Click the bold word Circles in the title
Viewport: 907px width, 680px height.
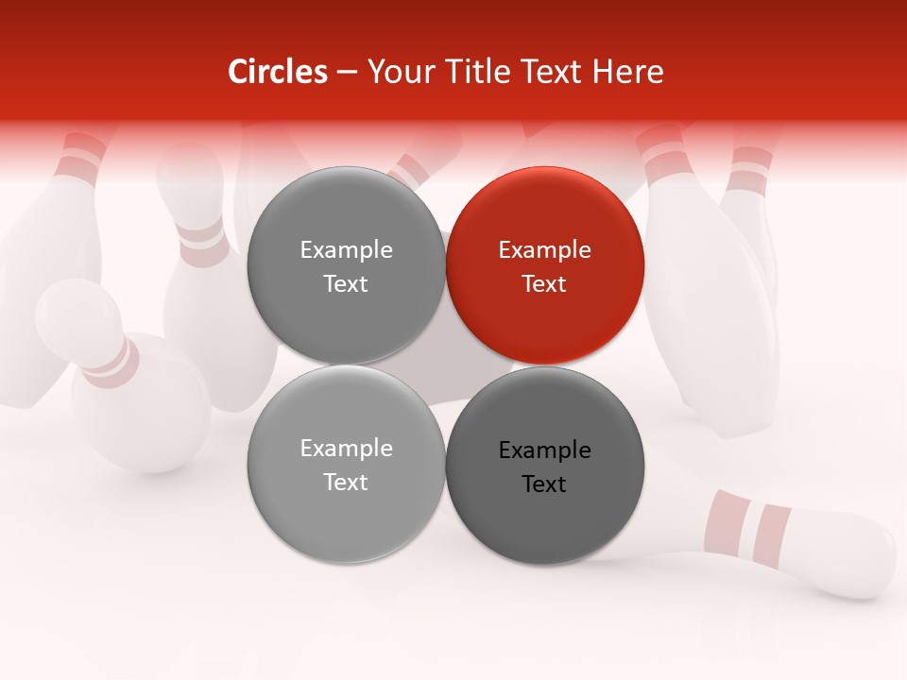coord(277,72)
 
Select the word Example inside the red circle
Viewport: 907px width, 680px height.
coord(544,250)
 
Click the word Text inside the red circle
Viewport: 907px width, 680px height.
coord(544,284)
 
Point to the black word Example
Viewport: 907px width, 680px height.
coord(544,450)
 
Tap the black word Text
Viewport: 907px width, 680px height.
coord(544,484)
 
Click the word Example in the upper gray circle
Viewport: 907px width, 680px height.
coord(346,250)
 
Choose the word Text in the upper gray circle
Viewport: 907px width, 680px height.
coord(346,284)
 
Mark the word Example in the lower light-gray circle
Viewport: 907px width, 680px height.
coord(346,449)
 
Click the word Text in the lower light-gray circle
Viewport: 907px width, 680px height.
coord(346,483)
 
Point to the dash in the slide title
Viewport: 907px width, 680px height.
coord(347,73)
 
